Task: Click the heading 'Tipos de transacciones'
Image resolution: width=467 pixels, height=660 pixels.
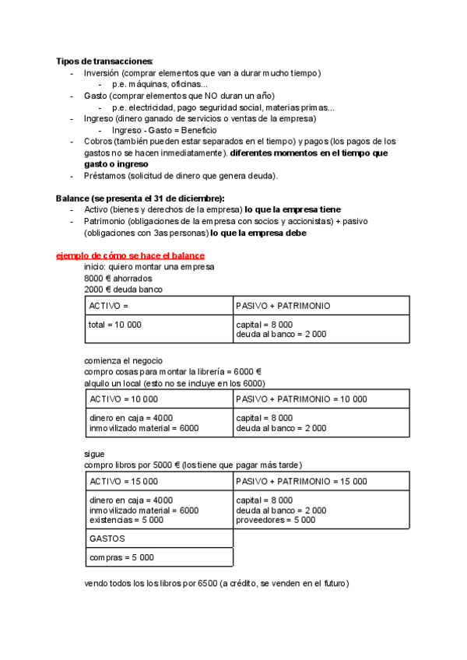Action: click(104, 61)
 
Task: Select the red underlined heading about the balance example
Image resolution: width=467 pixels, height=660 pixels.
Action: click(131, 255)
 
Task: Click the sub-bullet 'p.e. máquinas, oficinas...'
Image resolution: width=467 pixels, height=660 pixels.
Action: click(160, 84)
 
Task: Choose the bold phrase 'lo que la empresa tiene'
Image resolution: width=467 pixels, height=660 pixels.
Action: click(293, 210)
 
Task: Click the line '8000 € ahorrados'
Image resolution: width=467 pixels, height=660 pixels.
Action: click(118, 278)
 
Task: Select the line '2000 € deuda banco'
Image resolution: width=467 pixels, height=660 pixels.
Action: click(123, 289)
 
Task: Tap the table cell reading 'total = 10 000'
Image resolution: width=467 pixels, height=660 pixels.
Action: click(115, 324)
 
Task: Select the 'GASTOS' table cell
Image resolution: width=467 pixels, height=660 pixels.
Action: click(107, 538)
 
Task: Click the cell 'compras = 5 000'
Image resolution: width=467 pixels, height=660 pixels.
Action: click(121, 557)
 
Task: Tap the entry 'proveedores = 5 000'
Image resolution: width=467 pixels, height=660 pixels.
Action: click(275, 520)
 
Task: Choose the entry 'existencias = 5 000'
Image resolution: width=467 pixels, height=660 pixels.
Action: click(126, 520)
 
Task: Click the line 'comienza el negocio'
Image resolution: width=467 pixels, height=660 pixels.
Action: click(123, 360)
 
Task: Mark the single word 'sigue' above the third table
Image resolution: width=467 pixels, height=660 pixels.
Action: click(94, 454)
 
